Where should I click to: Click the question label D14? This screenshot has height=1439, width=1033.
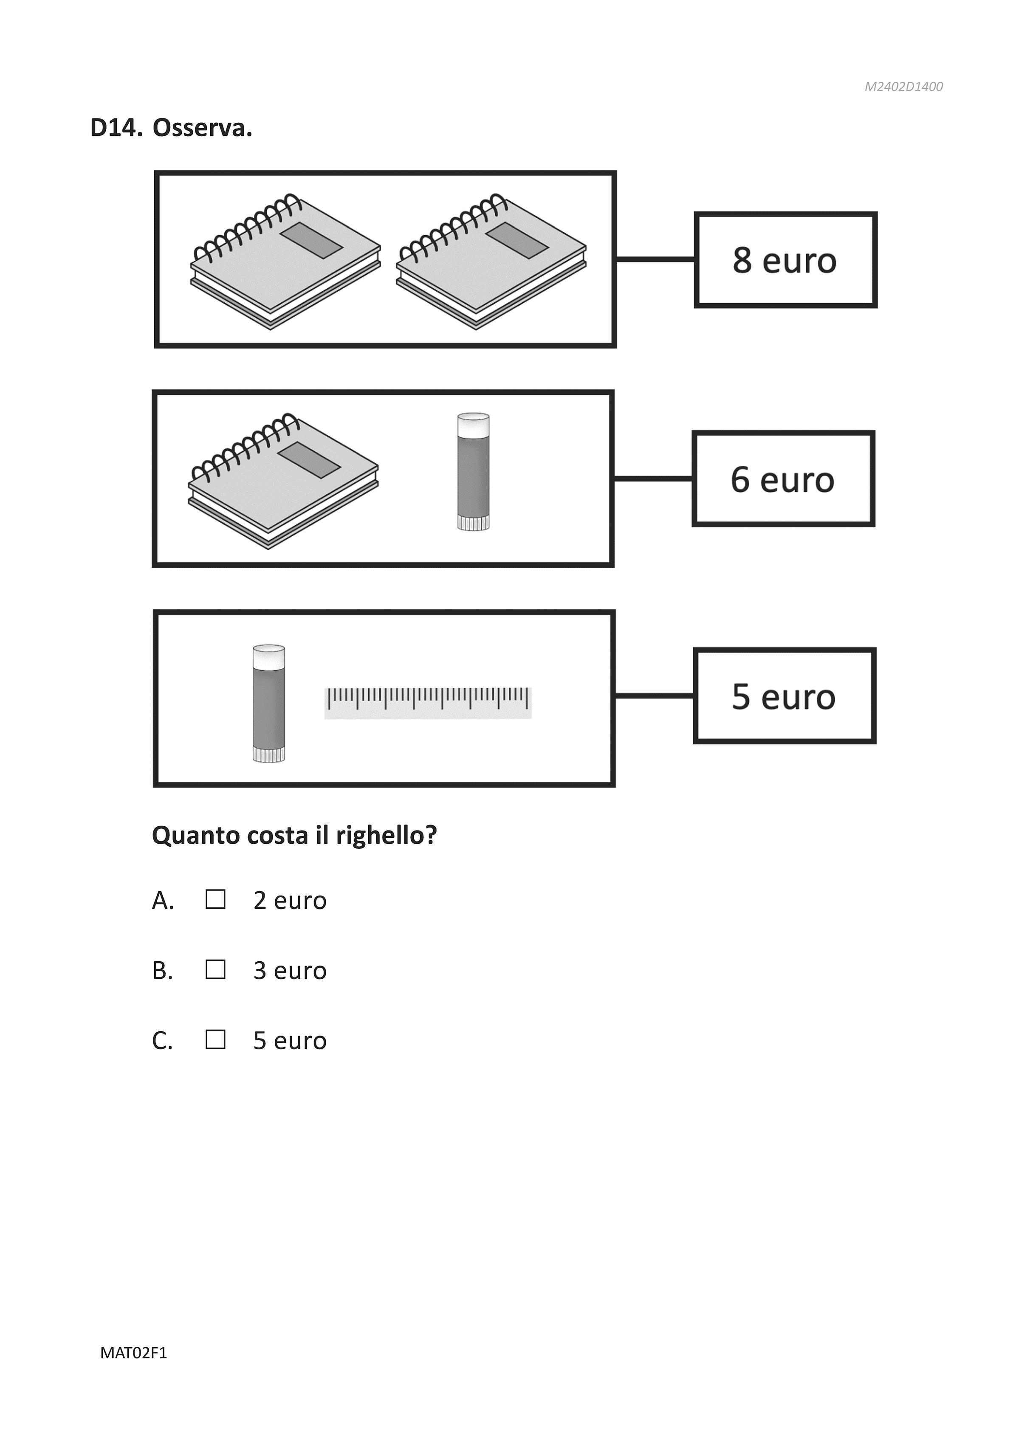pos(116,128)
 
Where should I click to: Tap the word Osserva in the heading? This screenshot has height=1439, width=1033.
pos(202,128)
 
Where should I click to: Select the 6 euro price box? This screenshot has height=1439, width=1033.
pos(782,479)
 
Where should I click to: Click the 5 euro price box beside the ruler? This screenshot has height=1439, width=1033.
pos(784,696)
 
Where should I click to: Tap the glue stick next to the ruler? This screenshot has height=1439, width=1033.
pos(268,703)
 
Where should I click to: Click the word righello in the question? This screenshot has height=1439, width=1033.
pos(386,836)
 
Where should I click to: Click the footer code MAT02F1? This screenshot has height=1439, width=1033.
pos(133,1353)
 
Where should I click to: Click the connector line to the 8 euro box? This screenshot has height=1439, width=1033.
pos(655,259)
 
